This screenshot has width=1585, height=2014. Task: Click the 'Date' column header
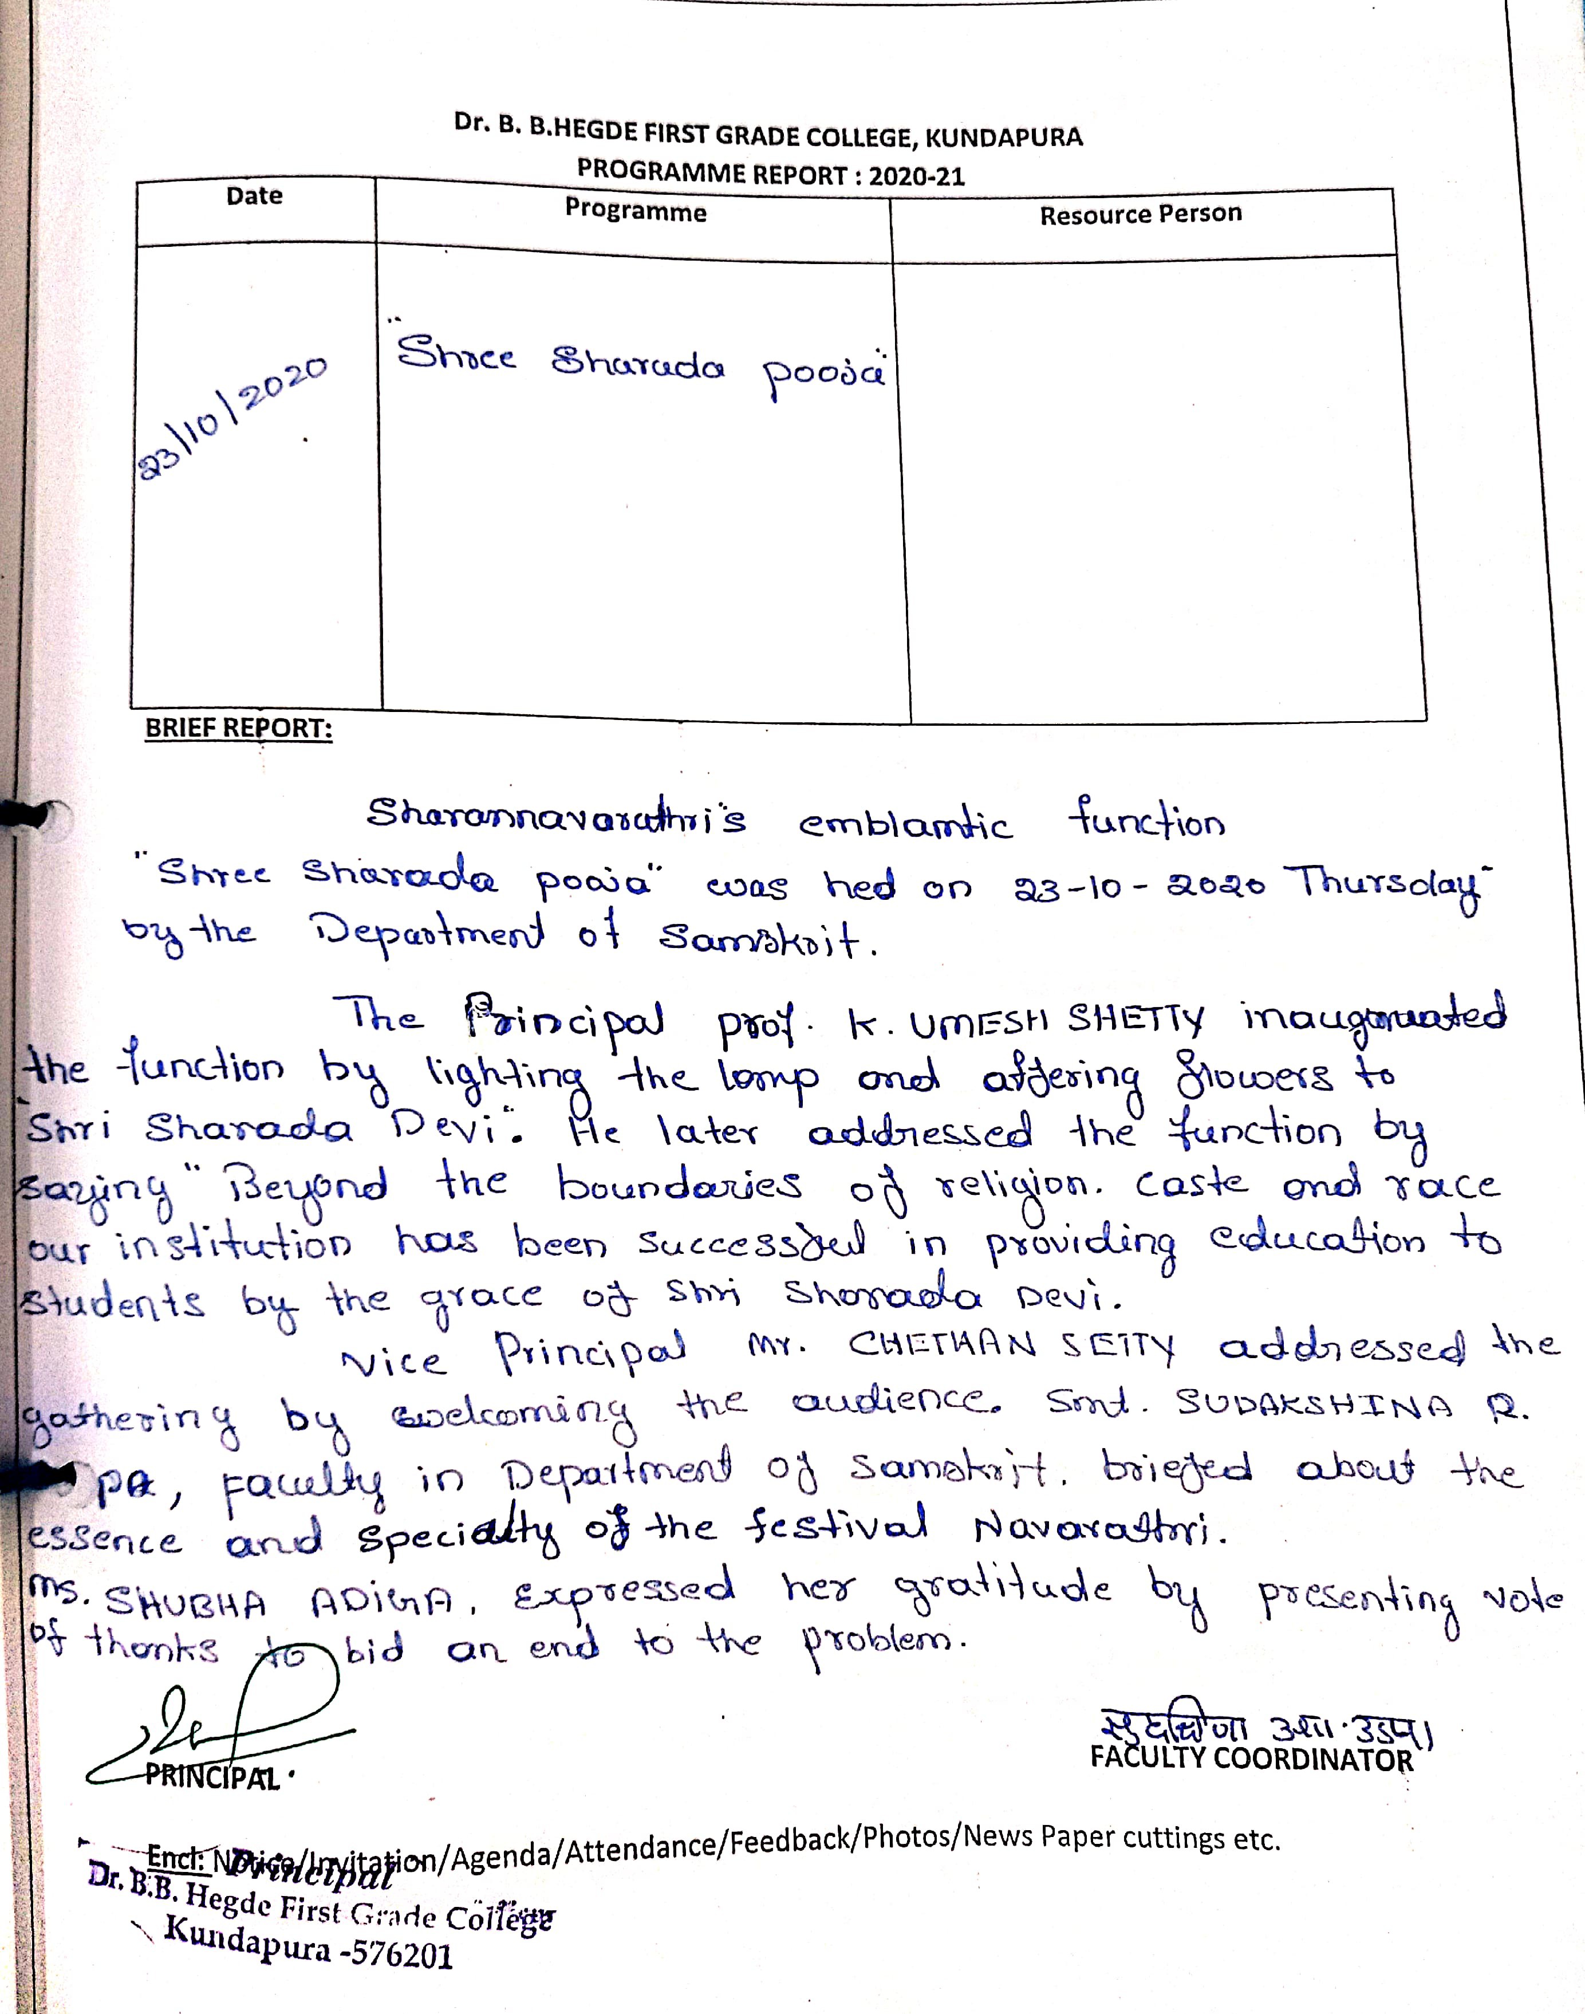254,196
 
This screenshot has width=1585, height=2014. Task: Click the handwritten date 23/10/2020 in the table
232,418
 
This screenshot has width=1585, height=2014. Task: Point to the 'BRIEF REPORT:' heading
238,729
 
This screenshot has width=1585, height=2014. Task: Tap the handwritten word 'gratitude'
1002,1590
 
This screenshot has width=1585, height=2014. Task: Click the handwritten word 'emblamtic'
905,824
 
